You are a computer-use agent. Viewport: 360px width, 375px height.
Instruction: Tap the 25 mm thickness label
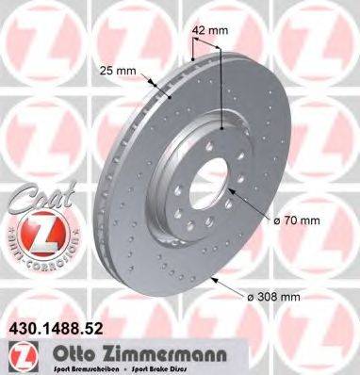(x=116, y=69)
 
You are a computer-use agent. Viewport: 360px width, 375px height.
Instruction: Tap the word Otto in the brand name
(x=57, y=355)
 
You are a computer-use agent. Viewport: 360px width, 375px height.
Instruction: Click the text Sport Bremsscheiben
(x=71, y=369)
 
